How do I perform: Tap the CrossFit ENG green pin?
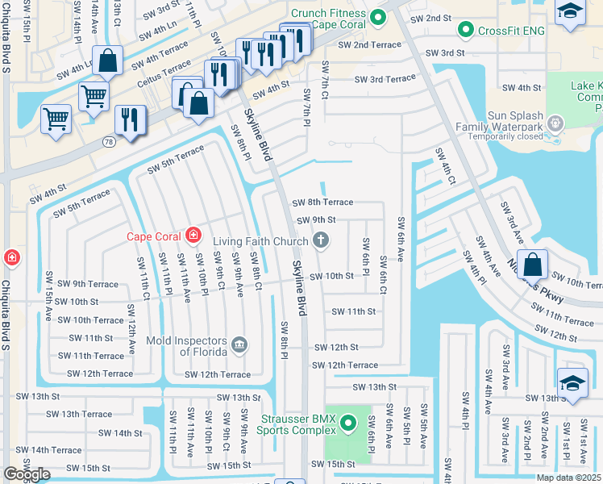465,31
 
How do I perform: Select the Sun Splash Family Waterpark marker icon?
554,123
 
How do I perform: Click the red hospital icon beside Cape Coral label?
193,236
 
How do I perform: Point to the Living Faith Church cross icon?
320,240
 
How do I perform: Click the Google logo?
27,474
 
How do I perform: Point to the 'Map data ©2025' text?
568,478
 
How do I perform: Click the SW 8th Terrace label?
322,202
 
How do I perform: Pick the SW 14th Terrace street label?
48,450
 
